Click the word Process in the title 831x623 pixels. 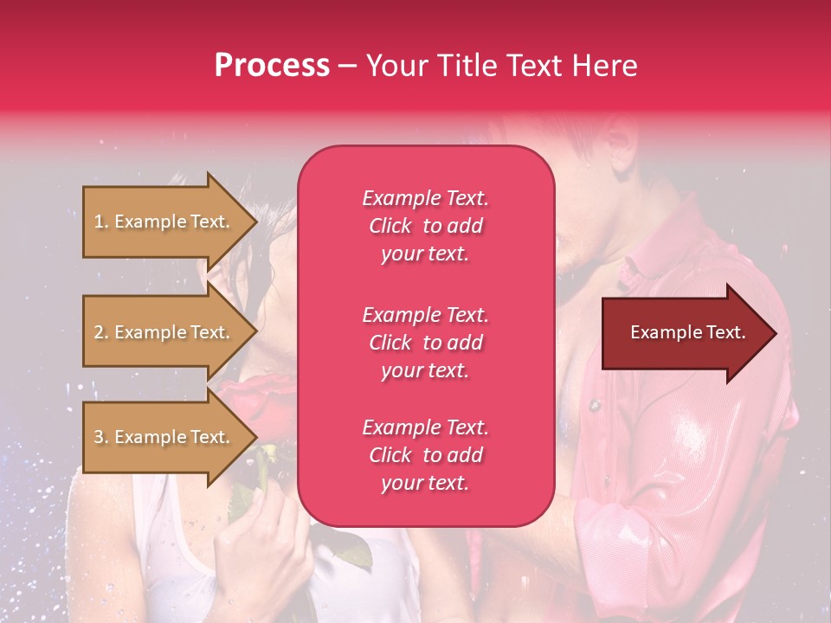tap(272, 66)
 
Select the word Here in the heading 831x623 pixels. tap(605, 66)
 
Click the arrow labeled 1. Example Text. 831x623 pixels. tap(171, 222)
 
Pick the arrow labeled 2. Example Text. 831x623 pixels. tap(171, 332)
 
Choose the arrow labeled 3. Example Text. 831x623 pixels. tap(171, 437)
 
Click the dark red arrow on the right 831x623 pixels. tap(690, 333)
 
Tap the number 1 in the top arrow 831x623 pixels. tap(99, 222)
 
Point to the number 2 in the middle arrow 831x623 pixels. tap(99, 332)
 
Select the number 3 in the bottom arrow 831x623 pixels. tap(99, 437)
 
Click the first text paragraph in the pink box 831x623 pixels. tap(426, 226)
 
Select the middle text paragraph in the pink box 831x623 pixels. tap(426, 343)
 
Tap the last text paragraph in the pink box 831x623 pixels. tap(426, 455)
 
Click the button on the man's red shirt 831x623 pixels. tap(595, 406)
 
